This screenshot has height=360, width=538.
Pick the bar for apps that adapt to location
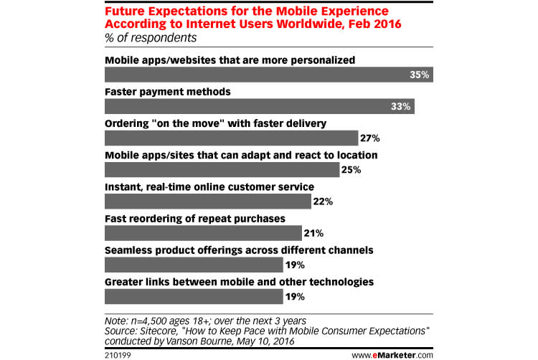(x=222, y=170)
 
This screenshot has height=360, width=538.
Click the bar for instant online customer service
(x=207, y=202)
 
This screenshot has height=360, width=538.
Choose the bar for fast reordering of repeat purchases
(x=203, y=233)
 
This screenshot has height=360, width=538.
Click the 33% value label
(x=400, y=107)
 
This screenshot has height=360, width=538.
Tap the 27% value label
(x=370, y=138)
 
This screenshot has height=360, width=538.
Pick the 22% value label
(x=323, y=202)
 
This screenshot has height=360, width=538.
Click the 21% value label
(x=313, y=233)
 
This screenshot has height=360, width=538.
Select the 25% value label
(x=351, y=170)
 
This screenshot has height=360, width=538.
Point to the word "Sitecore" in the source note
(x=159, y=331)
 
